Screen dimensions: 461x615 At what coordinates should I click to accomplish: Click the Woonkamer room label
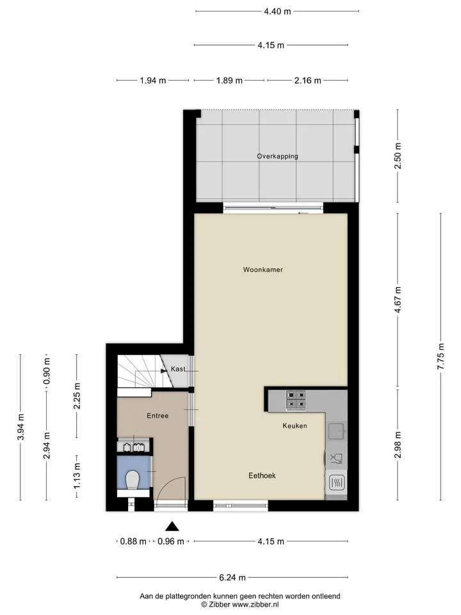pyautogui.click(x=263, y=270)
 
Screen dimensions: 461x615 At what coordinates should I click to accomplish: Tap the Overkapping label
pyautogui.click(x=277, y=156)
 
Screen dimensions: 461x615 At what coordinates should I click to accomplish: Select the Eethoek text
pyautogui.click(x=262, y=475)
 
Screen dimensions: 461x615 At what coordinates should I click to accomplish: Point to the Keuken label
pyautogui.click(x=295, y=425)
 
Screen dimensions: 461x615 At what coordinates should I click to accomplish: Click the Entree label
pyautogui.click(x=158, y=416)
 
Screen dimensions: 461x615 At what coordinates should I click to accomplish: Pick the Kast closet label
pyautogui.click(x=178, y=369)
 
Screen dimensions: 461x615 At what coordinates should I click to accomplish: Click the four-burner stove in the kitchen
pyautogui.click(x=296, y=400)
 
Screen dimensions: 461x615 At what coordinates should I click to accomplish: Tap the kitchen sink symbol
pyautogui.click(x=336, y=430)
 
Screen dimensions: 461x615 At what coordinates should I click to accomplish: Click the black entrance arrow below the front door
pyautogui.click(x=172, y=527)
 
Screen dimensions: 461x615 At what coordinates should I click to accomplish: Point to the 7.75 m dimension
pyautogui.click(x=441, y=356)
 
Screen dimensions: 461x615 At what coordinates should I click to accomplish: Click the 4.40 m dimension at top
pyautogui.click(x=277, y=12)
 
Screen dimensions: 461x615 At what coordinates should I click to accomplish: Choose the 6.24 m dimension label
pyautogui.click(x=232, y=577)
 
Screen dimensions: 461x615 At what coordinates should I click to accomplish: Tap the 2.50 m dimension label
pyautogui.click(x=398, y=156)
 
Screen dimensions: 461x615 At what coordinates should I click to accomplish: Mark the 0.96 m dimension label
pyautogui.click(x=171, y=541)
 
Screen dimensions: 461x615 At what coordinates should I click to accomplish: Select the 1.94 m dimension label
pyautogui.click(x=153, y=81)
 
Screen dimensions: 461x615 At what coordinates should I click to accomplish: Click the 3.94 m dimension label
pyautogui.click(x=20, y=427)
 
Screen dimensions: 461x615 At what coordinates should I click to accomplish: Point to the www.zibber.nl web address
pyautogui.click(x=255, y=604)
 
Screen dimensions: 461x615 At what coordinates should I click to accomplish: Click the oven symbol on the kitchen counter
pyautogui.click(x=336, y=482)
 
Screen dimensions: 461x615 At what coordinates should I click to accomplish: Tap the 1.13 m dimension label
pyautogui.click(x=77, y=476)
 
